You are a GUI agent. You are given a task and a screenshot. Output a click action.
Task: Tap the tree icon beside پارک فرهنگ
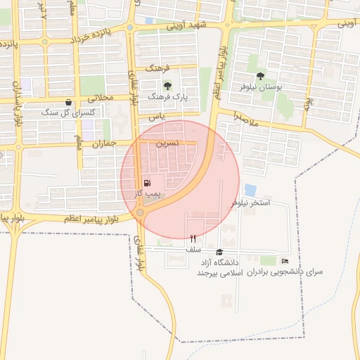click(x=167, y=86)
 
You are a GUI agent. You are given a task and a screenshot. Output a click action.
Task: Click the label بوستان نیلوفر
click(x=260, y=88)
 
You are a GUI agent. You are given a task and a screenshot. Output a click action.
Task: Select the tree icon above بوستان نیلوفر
click(x=260, y=75)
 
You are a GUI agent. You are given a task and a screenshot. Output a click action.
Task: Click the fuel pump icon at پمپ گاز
click(x=146, y=183)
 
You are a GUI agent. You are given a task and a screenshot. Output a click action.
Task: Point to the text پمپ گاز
click(x=148, y=193)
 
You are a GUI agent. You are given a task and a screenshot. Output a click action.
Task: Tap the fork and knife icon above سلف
click(x=193, y=238)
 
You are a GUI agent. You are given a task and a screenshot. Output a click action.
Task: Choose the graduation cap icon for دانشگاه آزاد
click(x=219, y=252)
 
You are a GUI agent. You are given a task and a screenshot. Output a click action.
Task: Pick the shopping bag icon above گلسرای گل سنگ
click(x=67, y=102)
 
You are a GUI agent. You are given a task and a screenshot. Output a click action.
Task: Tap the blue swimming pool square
click(x=250, y=190)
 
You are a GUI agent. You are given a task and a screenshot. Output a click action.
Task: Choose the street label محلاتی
click(x=101, y=100)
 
